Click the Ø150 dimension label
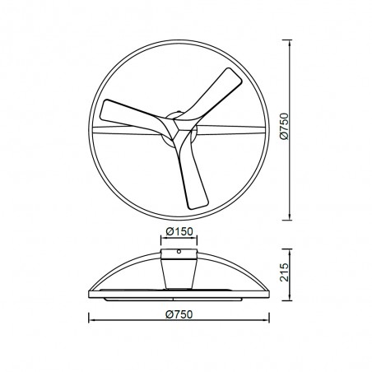pos(179,231)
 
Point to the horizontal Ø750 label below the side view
pos(179,312)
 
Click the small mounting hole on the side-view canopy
pos(179,252)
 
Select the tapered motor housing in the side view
pos(179,272)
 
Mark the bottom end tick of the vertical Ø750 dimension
pos(293,220)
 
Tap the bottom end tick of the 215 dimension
pos(293,300)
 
